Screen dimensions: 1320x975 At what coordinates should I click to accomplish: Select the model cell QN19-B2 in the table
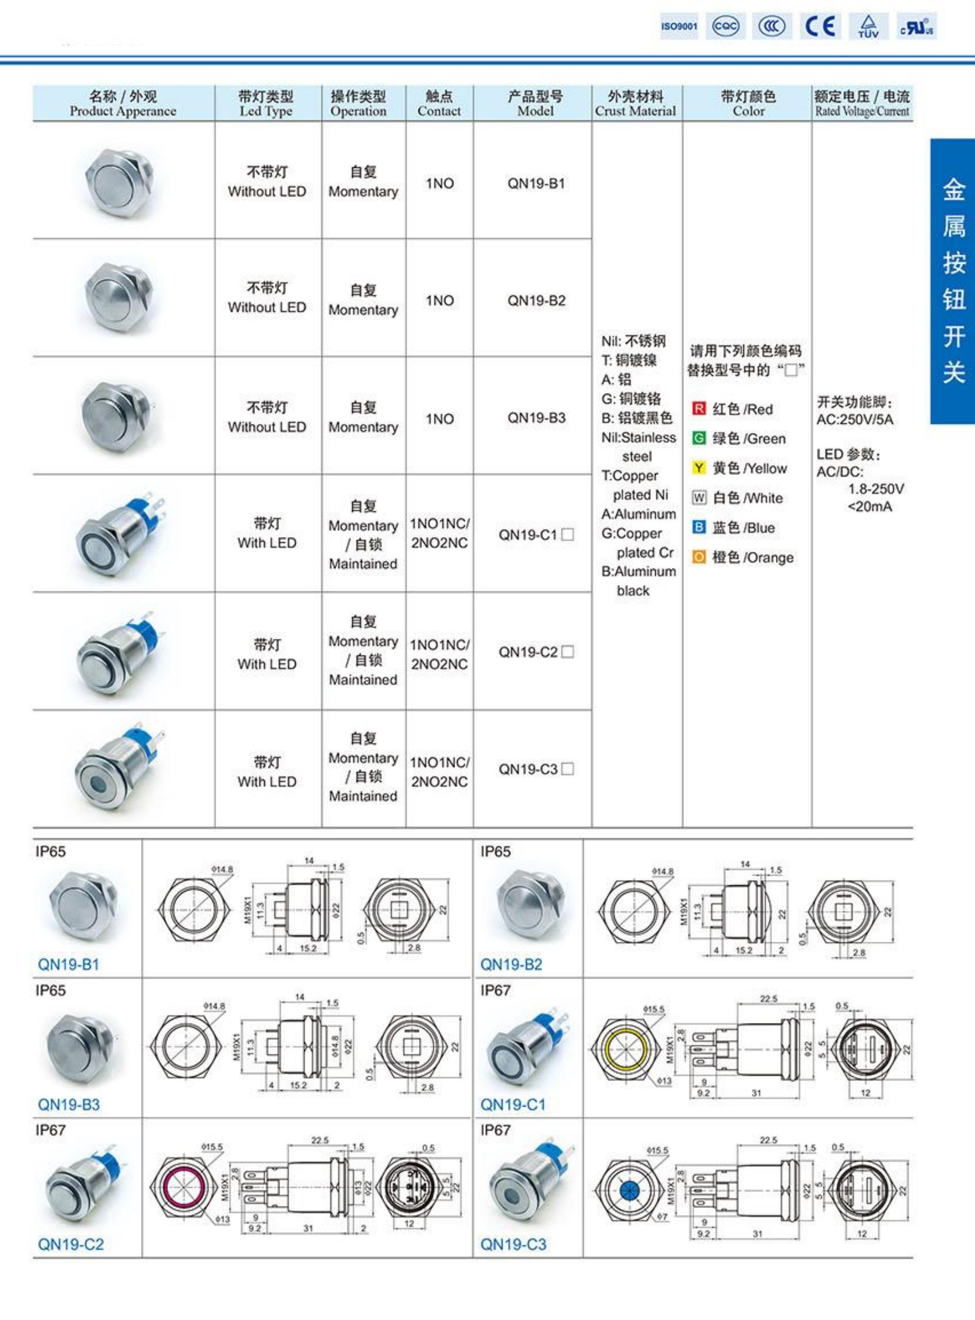pyautogui.click(x=536, y=301)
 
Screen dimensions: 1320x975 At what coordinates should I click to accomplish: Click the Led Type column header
pyautogui.click(x=266, y=104)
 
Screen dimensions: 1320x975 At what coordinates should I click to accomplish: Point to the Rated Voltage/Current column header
pyautogui.click(x=862, y=104)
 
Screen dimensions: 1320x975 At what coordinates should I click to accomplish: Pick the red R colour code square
pyautogui.click(x=699, y=409)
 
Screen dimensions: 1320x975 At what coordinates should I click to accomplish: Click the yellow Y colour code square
pyautogui.click(x=699, y=468)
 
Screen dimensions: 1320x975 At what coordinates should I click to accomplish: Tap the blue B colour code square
pyautogui.click(x=699, y=527)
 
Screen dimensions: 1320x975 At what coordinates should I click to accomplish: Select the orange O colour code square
pyautogui.click(x=699, y=557)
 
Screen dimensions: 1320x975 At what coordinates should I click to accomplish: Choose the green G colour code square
pyautogui.click(x=699, y=438)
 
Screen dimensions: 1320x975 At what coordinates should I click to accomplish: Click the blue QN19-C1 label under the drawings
pyautogui.click(x=512, y=1105)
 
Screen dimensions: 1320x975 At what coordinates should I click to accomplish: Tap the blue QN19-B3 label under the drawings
pyautogui.click(x=68, y=1105)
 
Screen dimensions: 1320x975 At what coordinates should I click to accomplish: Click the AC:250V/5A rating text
pyautogui.click(x=855, y=420)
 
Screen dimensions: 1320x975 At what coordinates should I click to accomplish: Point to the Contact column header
pyautogui.click(x=439, y=104)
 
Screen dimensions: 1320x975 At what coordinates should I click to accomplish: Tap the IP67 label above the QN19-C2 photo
pyautogui.click(x=50, y=1130)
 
